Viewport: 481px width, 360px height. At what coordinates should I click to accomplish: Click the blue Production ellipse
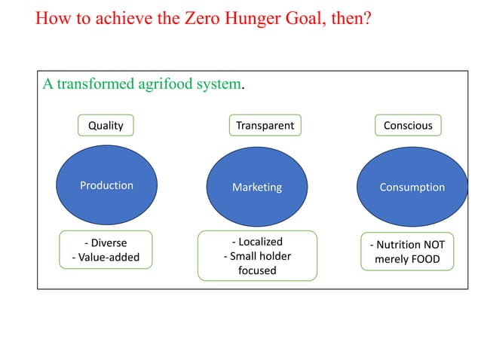(106, 185)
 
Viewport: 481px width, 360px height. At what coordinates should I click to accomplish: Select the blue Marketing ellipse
(256, 187)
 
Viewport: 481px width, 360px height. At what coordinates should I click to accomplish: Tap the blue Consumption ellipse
(412, 187)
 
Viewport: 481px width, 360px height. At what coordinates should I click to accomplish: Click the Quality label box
(106, 125)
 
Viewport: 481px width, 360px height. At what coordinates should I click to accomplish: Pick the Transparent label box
(265, 125)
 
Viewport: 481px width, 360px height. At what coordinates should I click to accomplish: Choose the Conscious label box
(408, 125)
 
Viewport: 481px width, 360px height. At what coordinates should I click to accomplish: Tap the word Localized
(259, 242)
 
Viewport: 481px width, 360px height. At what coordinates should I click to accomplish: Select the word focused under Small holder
(257, 270)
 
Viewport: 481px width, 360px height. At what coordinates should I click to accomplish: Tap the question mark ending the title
(366, 18)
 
